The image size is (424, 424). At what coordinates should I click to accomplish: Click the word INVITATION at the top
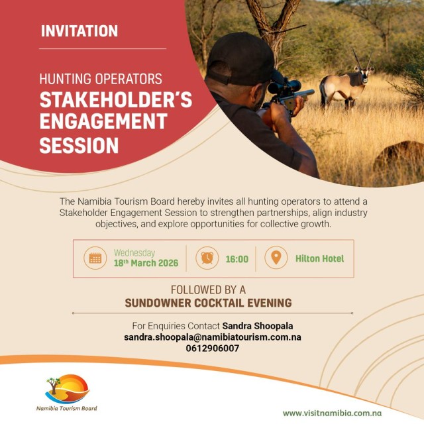click(79, 31)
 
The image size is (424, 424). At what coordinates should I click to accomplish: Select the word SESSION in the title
click(79, 145)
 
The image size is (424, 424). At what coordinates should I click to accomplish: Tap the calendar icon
click(95, 258)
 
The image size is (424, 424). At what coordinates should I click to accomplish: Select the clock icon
click(207, 258)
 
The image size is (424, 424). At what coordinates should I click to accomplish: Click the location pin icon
click(276, 258)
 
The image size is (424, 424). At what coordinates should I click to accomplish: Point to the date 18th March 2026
click(146, 263)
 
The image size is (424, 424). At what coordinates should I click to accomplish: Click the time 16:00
click(237, 259)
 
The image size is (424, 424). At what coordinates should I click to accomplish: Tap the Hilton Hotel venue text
click(319, 259)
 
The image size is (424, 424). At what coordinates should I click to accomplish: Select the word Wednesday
click(134, 252)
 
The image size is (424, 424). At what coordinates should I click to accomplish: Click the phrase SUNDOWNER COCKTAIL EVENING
click(208, 303)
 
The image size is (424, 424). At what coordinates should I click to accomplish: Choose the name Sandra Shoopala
click(257, 326)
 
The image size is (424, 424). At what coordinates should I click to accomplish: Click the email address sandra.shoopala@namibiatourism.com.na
click(213, 337)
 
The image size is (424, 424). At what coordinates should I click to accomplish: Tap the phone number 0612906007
click(213, 348)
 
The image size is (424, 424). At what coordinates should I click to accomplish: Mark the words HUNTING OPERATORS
click(101, 79)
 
